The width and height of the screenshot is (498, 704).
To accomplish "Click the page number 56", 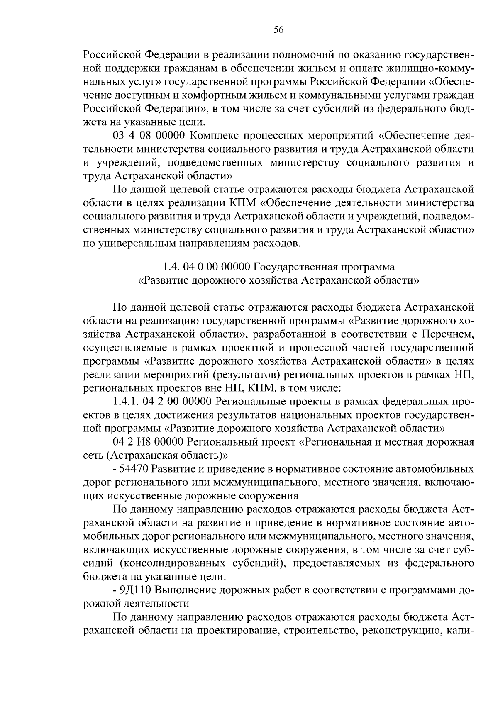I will coord(278,29).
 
